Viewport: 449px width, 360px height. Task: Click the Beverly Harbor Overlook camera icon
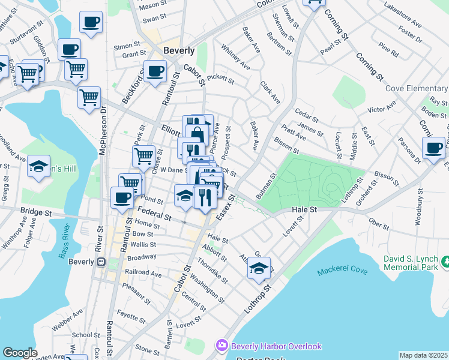[222, 345]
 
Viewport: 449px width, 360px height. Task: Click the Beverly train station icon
[101, 262]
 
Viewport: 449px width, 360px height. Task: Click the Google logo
[20, 353]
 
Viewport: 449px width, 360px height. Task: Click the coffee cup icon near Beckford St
[155, 70]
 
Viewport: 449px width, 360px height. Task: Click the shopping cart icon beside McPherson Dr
[89, 97]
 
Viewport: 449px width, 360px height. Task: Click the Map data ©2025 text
[423, 355]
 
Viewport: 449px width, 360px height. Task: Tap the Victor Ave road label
[382, 109]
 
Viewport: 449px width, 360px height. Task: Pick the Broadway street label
[141, 256]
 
